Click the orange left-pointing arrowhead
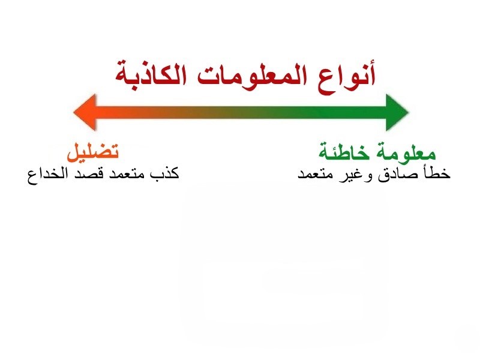[85, 112]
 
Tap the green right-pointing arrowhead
[397, 112]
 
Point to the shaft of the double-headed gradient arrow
[241, 112]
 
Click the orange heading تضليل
[92, 151]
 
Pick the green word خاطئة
[344, 151]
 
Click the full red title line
[245, 77]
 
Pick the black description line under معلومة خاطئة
[374, 173]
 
